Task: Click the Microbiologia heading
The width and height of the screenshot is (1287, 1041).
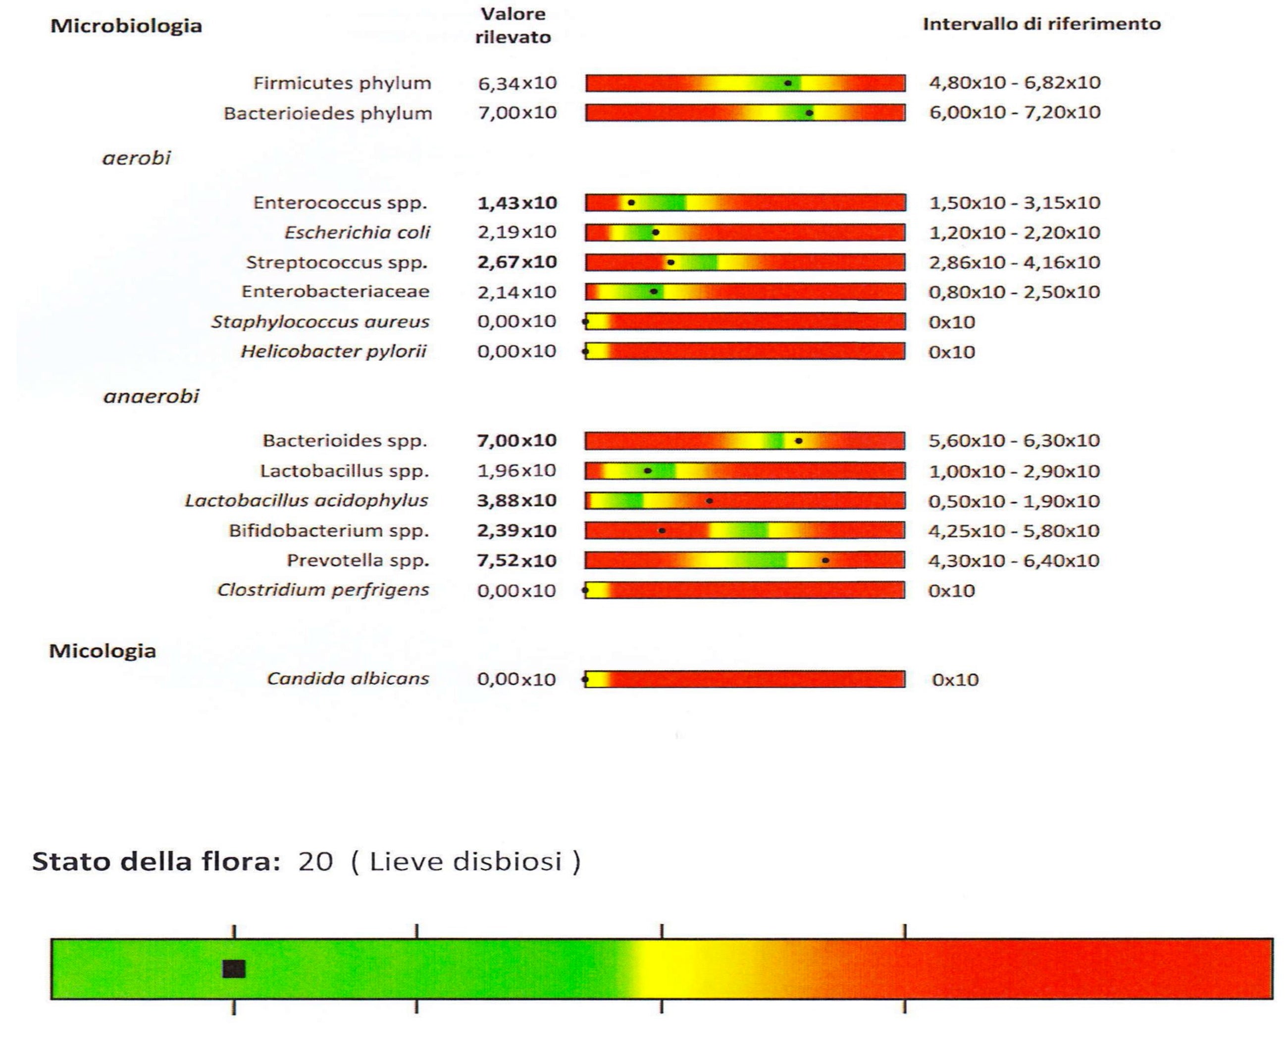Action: pyautogui.click(x=126, y=26)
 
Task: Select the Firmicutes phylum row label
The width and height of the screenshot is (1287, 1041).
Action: pyautogui.click(x=342, y=83)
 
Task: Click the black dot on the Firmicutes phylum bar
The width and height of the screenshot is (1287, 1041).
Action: pyautogui.click(x=788, y=83)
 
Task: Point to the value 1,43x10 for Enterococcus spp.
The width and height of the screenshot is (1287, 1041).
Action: pyautogui.click(x=516, y=203)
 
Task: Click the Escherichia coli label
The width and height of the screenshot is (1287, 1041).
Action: pyautogui.click(x=357, y=233)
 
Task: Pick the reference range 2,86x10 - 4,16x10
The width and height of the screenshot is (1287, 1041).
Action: pyautogui.click(x=1014, y=263)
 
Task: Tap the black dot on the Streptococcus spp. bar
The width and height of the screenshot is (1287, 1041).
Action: pyautogui.click(x=671, y=263)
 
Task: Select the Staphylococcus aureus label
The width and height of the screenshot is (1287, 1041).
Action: pyautogui.click(x=320, y=322)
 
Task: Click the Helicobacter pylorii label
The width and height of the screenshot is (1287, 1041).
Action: pyautogui.click(x=334, y=351)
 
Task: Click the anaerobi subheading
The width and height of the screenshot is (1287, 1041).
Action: pyautogui.click(x=151, y=396)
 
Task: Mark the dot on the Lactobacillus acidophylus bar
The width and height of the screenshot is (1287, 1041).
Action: pyautogui.click(x=709, y=501)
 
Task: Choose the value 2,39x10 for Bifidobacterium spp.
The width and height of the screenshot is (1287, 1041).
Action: pyautogui.click(x=516, y=531)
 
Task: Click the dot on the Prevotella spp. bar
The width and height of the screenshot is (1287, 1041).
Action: pyautogui.click(x=825, y=561)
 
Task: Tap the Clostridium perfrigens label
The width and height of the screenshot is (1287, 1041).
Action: pyautogui.click(x=323, y=590)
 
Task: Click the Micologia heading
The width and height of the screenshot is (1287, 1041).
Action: pyautogui.click(x=103, y=651)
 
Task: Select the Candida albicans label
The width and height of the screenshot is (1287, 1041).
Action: pyautogui.click(x=348, y=679)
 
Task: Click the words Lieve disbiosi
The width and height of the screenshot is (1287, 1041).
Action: pyautogui.click(x=465, y=862)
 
